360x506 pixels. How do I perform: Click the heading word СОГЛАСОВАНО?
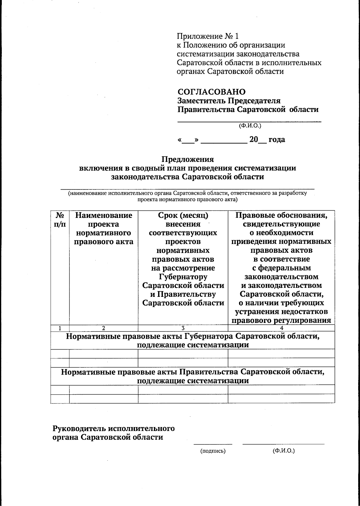(x=211, y=92)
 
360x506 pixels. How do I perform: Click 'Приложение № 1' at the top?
(x=207, y=36)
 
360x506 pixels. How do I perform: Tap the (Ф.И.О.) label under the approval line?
(x=250, y=126)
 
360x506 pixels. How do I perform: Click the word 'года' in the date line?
(x=277, y=140)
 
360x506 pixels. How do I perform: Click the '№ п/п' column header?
(x=60, y=220)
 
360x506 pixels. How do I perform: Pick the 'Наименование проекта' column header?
(x=103, y=220)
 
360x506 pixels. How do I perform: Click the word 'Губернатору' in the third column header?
(x=183, y=277)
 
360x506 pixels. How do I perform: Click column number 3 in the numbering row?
(x=183, y=328)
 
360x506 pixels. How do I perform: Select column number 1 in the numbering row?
(x=60, y=328)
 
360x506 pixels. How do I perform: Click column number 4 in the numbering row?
(x=281, y=328)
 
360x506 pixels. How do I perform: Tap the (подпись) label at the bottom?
(x=213, y=451)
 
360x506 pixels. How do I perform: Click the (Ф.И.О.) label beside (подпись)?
(x=283, y=451)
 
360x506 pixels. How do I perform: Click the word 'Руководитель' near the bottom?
(x=79, y=428)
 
